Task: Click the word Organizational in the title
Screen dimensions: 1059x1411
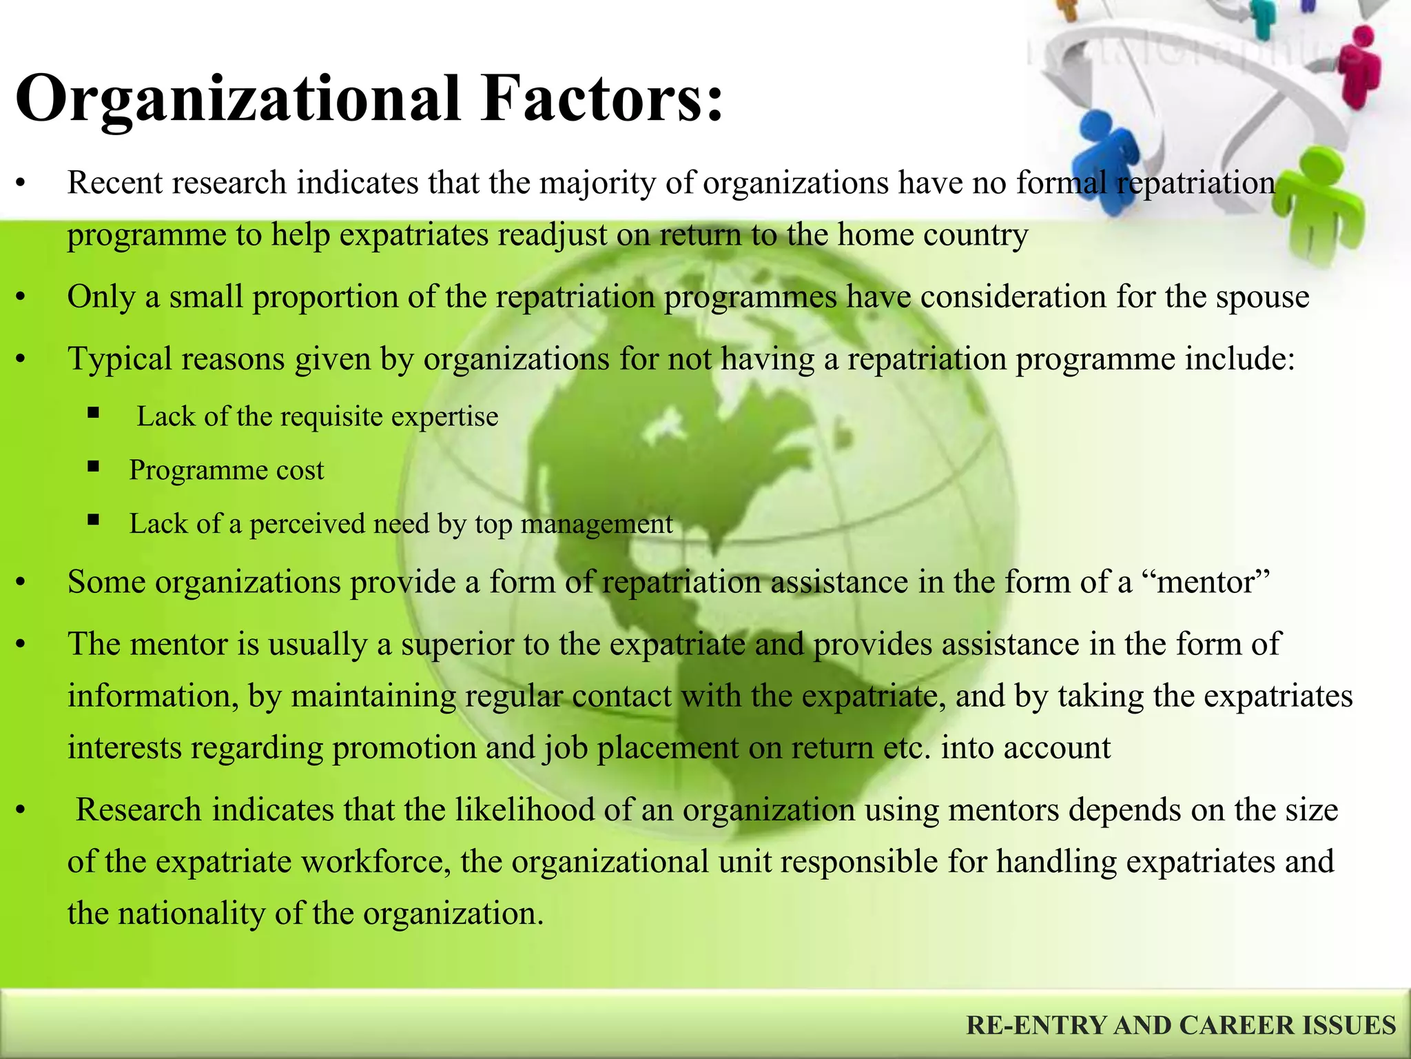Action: point(238,100)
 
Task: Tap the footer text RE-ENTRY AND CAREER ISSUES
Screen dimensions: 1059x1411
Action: point(1181,1025)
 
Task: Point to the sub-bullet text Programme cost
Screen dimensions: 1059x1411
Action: point(226,471)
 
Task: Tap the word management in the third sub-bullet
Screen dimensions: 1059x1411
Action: point(597,525)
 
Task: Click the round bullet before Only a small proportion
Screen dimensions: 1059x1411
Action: point(21,298)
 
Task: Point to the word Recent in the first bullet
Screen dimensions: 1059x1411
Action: point(114,183)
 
